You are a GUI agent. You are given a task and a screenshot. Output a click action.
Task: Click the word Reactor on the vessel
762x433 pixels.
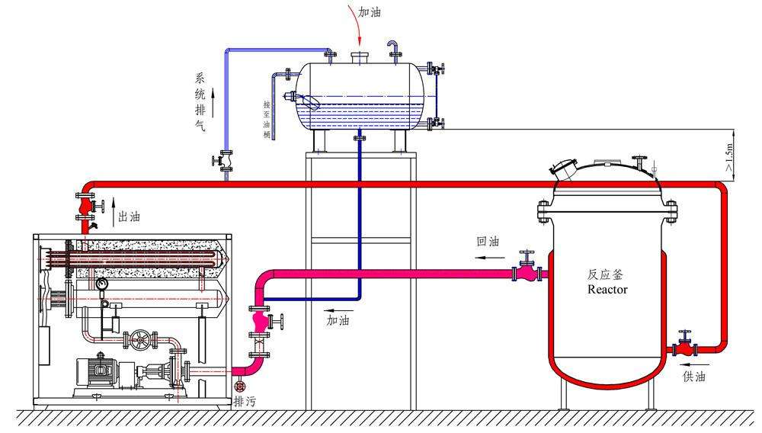(607, 290)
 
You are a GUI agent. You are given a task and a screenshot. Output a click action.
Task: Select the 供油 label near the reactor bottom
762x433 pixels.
(694, 376)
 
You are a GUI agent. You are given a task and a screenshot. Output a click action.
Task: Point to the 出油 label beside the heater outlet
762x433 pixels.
(130, 217)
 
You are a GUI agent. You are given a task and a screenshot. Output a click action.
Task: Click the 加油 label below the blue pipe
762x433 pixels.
(338, 321)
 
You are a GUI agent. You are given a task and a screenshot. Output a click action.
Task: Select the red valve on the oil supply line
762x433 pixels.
(685, 348)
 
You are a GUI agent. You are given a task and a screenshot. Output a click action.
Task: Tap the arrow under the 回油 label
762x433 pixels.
(488, 258)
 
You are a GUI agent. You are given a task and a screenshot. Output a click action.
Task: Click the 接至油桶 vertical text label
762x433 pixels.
(267, 119)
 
